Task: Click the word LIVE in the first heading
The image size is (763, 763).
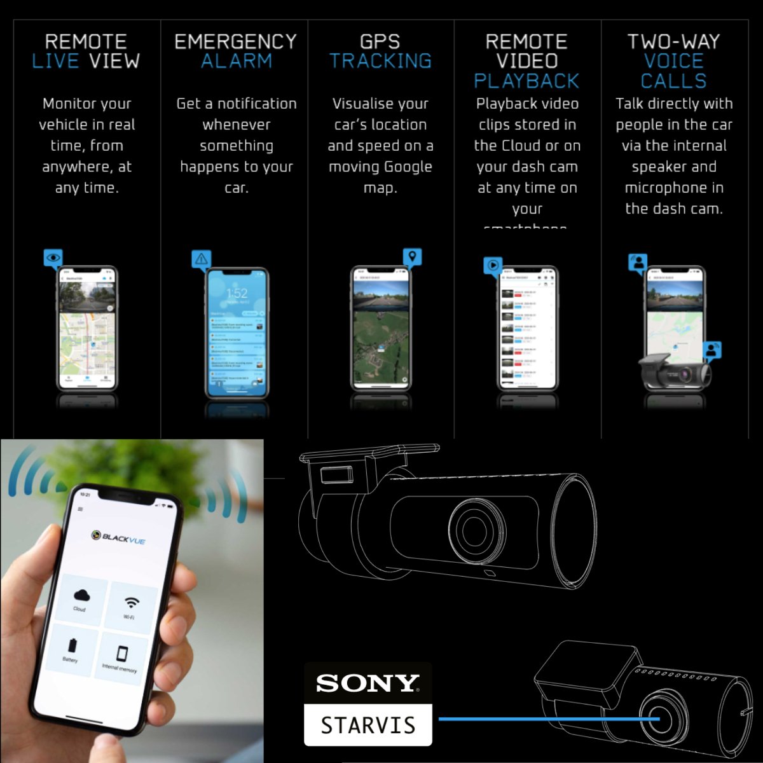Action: (x=56, y=62)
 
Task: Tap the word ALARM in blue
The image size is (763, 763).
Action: (x=236, y=62)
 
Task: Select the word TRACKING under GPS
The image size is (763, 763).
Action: (x=380, y=62)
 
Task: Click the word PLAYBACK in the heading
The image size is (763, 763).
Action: (x=526, y=81)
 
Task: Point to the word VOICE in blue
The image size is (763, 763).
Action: (x=673, y=62)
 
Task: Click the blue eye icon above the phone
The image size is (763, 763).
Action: (x=53, y=258)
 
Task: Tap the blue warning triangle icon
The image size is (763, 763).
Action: (x=202, y=259)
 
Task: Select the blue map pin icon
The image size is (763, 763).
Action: (x=413, y=257)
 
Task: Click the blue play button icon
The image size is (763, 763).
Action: (x=493, y=265)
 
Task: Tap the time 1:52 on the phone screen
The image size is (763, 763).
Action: (x=237, y=293)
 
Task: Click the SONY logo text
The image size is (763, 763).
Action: (x=368, y=684)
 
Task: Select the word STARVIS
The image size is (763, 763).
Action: (x=368, y=725)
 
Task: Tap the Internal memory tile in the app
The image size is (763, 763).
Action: (x=121, y=658)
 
